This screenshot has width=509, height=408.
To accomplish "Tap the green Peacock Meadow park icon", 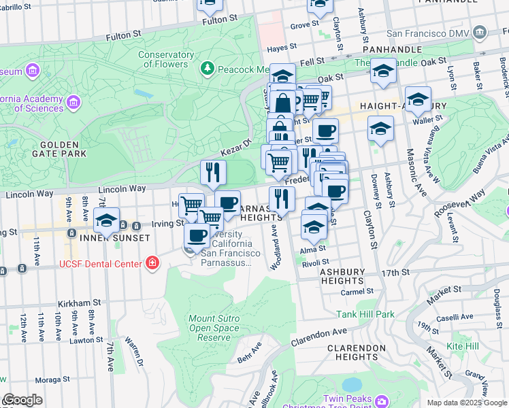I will [207, 69].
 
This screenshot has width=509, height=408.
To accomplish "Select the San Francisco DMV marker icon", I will [480, 32].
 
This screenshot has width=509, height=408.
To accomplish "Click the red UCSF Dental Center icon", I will [152, 263].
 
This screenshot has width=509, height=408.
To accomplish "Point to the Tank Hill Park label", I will [365, 314].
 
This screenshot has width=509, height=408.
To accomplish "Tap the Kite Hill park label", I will [463, 347].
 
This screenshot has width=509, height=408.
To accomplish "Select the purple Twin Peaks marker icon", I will [381, 399].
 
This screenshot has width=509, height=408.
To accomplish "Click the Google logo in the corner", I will [22, 400].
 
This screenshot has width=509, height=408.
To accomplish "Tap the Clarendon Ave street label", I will [319, 337].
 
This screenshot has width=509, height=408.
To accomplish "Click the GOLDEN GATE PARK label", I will [63, 149].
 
